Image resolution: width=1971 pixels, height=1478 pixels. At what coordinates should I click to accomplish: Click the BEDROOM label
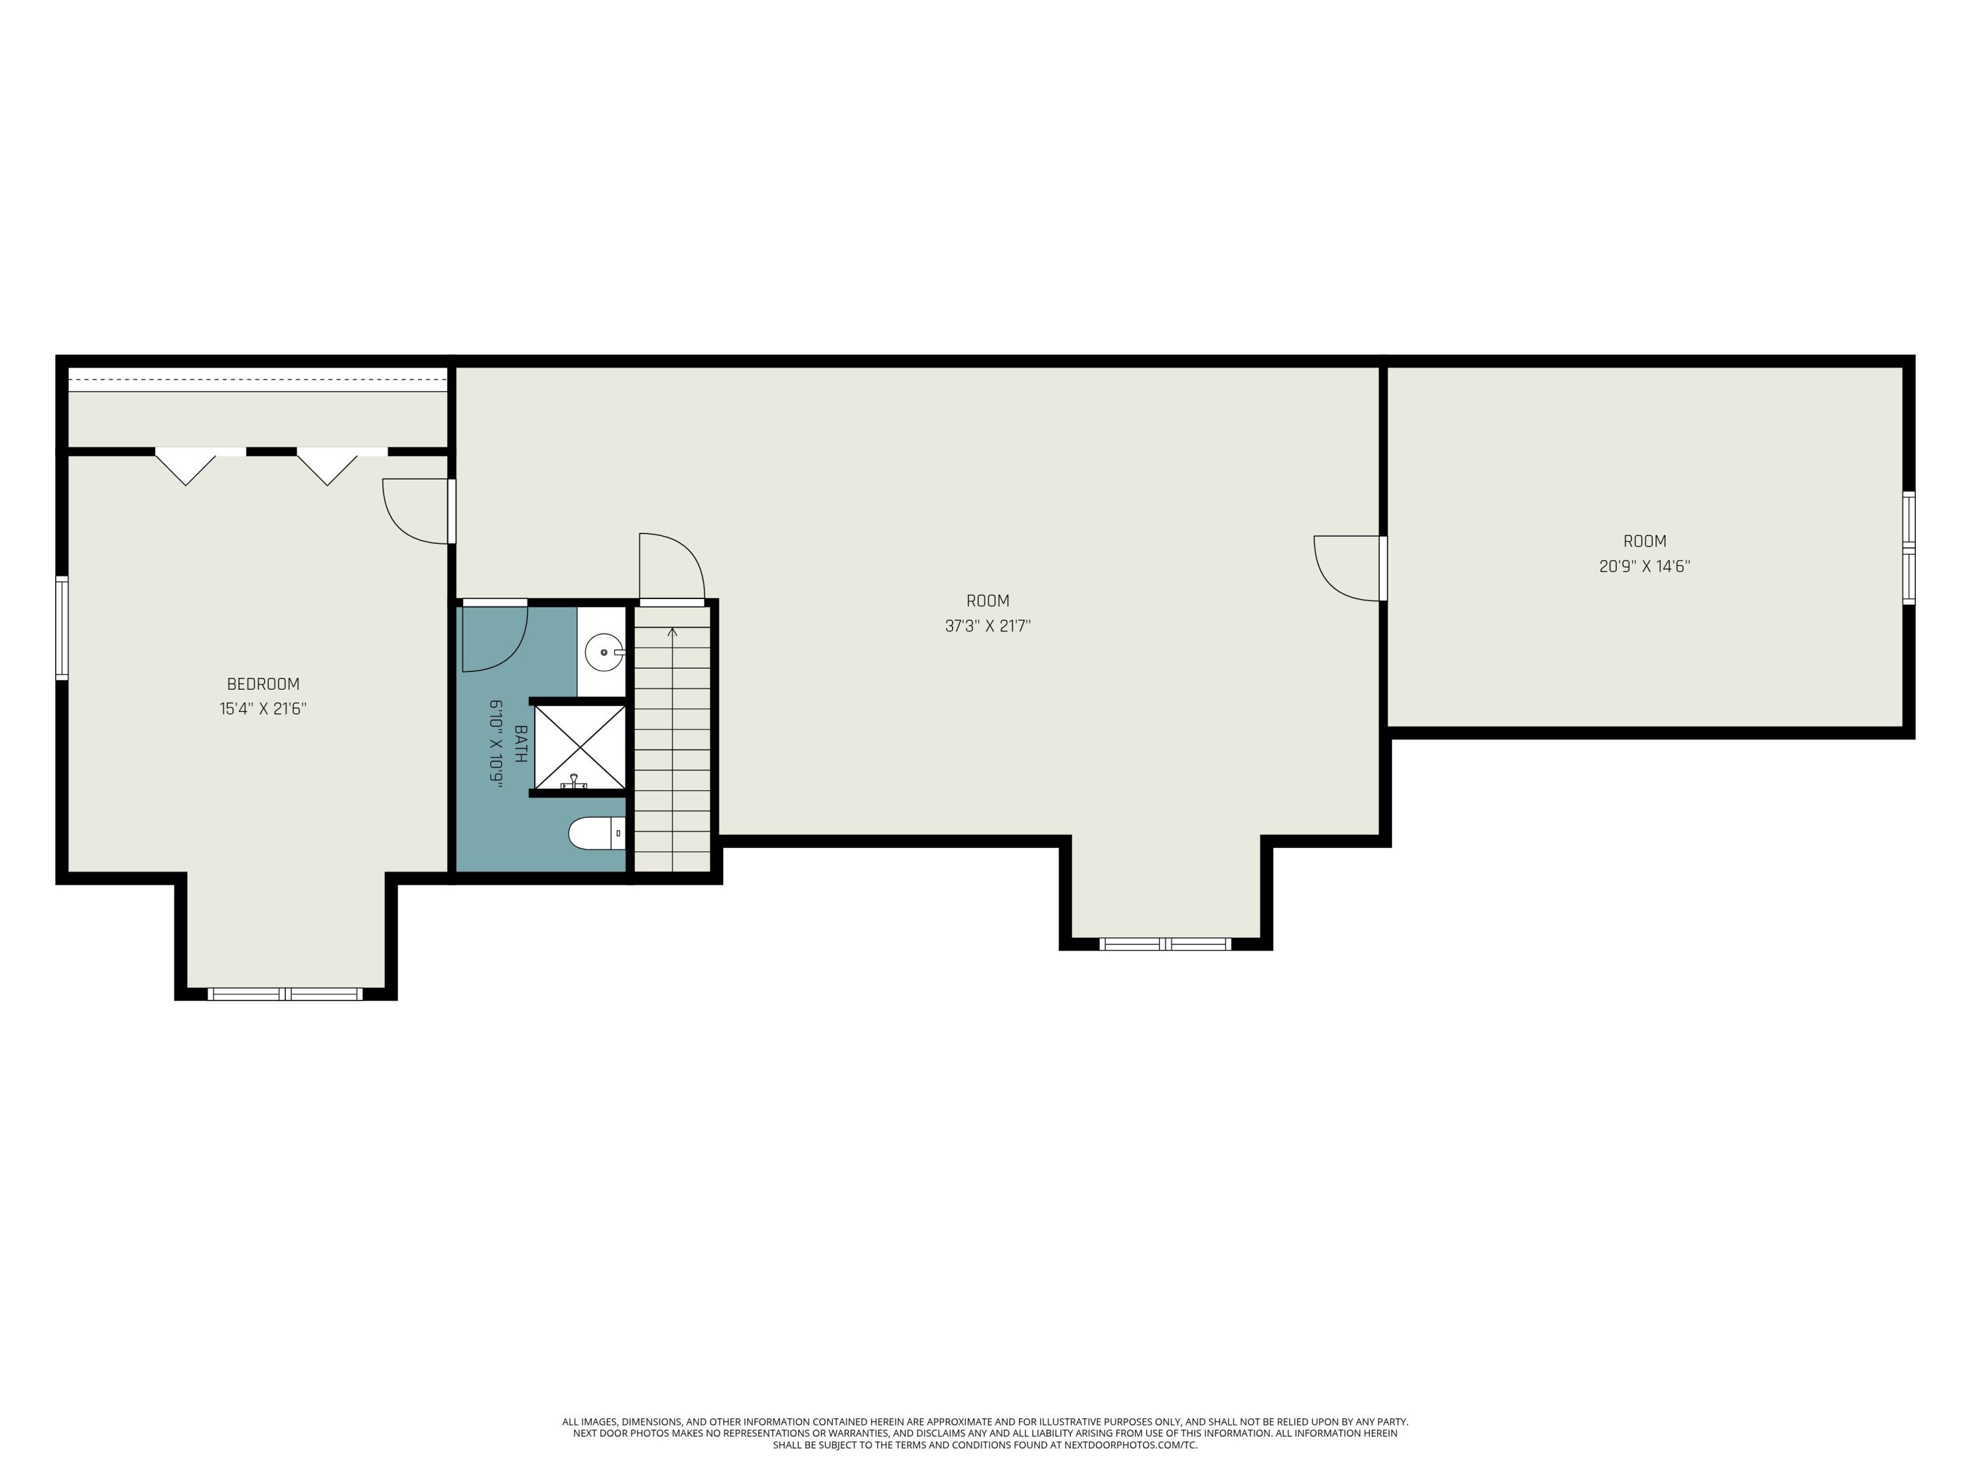(x=263, y=684)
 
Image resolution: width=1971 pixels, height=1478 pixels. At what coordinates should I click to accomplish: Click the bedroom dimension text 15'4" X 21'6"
(x=263, y=709)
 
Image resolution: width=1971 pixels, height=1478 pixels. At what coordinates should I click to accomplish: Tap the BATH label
(x=520, y=743)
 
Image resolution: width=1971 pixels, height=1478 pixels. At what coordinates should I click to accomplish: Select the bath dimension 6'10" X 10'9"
(x=496, y=743)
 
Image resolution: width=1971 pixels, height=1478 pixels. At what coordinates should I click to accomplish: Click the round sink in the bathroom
(x=603, y=652)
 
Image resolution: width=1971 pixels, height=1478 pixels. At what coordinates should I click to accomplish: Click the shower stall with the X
(x=579, y=747)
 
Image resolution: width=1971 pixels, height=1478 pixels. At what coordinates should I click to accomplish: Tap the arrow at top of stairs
(x=672, y=633)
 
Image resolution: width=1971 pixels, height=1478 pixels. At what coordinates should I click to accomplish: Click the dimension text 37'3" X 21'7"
(x=987, y=626)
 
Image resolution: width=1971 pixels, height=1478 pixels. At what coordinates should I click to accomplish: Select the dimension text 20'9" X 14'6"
(x=1644, y=566)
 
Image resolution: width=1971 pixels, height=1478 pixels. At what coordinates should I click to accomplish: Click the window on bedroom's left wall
(x=62, y=627)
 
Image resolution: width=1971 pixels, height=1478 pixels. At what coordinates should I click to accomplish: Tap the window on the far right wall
(x=1908, y=548)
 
